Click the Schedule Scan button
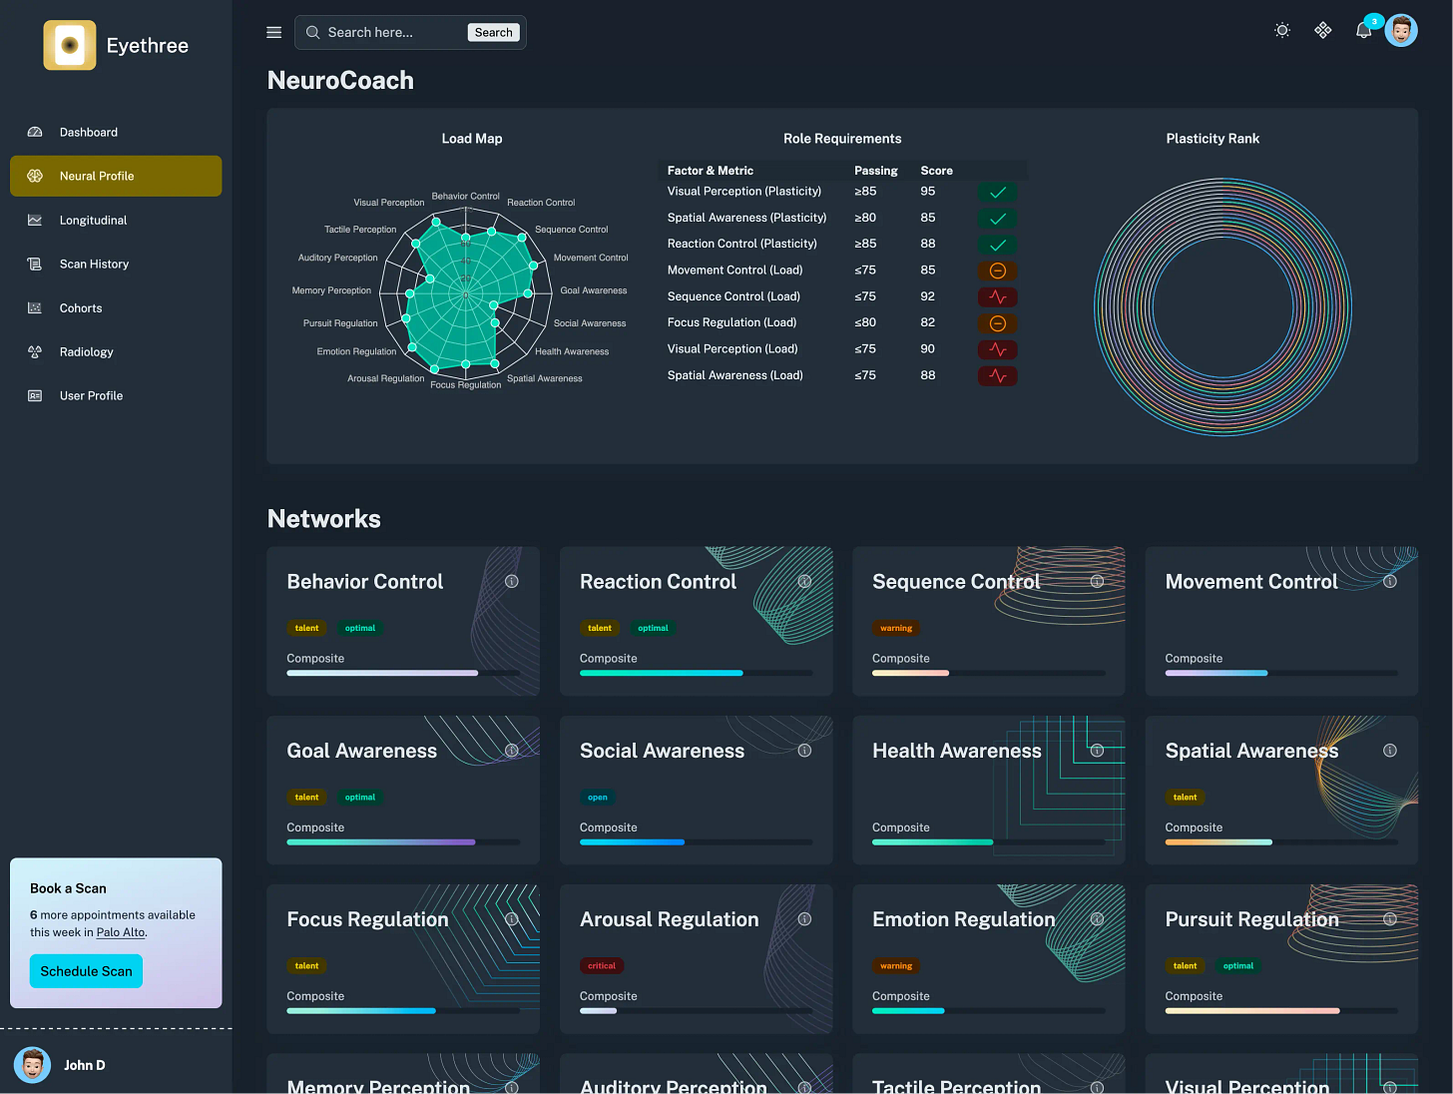[86, 971]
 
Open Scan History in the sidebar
[94, 265]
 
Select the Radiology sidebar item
[86, 352]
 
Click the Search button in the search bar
[493, 33]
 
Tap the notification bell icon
[1363, 31]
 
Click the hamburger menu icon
[274, 33]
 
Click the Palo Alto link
[121, 932]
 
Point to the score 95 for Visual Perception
[927, 192]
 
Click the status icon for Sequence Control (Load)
[997, 297]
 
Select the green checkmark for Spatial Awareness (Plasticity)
[997, 219]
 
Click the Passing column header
[875, 171]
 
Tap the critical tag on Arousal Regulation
[602, 966]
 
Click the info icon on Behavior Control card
[512, 582]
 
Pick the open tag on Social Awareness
[598, 798]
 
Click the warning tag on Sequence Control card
[895, 629]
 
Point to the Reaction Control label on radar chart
[541, 203]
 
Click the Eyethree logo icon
[70, 45]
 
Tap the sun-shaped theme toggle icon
[1282, 31]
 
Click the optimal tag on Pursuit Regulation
[1237, 966]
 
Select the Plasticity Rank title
[1212, 139]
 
